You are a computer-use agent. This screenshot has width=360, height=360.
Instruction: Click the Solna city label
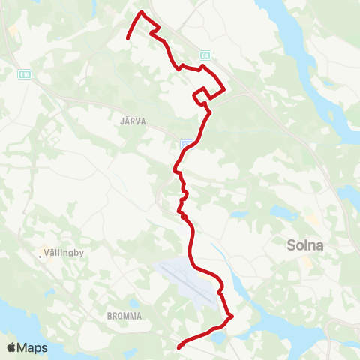pos(307,244)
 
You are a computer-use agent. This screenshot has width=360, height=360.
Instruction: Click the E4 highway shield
pos(204,55)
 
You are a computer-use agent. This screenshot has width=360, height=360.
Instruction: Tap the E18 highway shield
pos(24,73)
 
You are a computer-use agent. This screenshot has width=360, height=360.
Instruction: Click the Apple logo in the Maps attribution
pos(12,347)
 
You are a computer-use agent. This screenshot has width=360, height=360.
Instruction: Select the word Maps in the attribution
pos(33,347)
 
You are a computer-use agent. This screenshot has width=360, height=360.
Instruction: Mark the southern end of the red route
pos(179,347)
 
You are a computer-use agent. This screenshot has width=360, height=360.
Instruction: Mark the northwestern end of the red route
pos(127,38)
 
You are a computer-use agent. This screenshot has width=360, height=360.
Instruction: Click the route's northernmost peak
pos(142,12)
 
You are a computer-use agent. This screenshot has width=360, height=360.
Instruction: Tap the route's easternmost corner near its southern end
pos(232,316)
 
